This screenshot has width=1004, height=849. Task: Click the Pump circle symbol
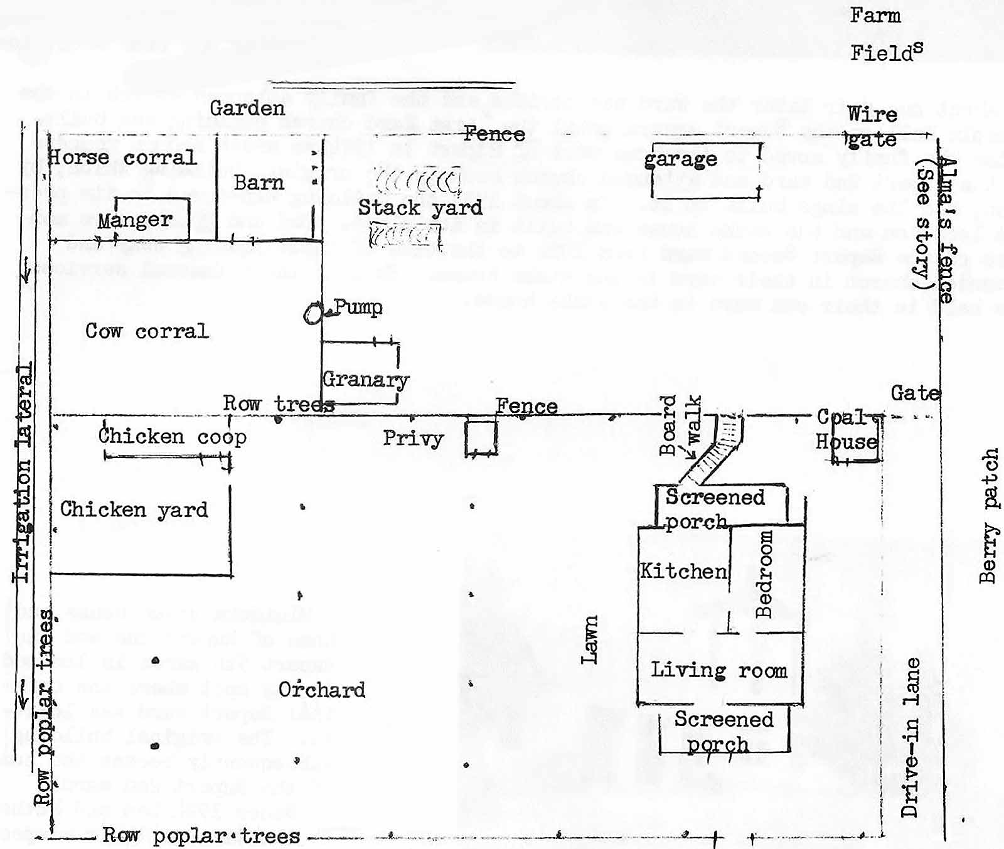click(x=312, y=313)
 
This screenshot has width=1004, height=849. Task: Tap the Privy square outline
click(x=481, y=437)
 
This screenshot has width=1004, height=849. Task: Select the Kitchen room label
click(x=683, y=571)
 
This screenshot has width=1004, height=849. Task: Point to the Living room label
click(x=718, y=670)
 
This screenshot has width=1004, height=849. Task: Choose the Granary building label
click(x=365, y=379)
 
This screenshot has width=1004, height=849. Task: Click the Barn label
click(x=259, y=183)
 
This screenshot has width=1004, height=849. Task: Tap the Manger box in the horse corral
click(x=152, y=218)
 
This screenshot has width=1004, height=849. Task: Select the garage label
click(x=681, y=159)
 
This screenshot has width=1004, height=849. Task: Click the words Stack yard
click(x=420, y=207)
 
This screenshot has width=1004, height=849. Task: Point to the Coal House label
click(x=846, y=430)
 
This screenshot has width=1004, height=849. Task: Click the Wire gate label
click(x=872, y=127)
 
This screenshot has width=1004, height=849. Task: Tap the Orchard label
click(x=322, y=690)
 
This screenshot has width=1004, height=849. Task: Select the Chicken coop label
click(x=172, y=436)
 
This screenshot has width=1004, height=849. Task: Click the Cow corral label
click(x=146, y=331)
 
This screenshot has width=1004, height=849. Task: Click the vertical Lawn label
click(x=590, y=639)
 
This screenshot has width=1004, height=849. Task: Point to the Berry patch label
click(x=988, y=516)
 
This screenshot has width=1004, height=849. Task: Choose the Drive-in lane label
click(x=911, y=737)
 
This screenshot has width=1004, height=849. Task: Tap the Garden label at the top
click(x=247, y=108)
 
